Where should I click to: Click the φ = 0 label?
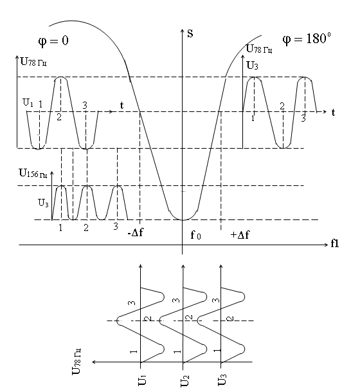53,41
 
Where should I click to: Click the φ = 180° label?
307,39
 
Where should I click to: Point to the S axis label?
190,33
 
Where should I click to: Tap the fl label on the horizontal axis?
335,243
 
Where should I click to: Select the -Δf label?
136,232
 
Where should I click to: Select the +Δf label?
240,234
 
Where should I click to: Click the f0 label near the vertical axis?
195,234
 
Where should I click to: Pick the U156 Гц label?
33,173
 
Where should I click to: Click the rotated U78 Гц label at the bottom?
76,362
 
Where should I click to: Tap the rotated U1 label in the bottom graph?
142,380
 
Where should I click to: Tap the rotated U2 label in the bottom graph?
185,381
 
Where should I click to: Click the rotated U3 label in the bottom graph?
222,380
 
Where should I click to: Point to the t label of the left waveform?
122,106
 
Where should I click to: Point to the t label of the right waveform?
333,113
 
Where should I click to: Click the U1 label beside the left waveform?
28,102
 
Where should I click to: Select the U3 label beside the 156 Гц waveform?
43,203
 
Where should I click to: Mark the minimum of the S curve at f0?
183,220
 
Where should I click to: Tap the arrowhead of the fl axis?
327,245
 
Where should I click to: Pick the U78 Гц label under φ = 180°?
259,49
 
